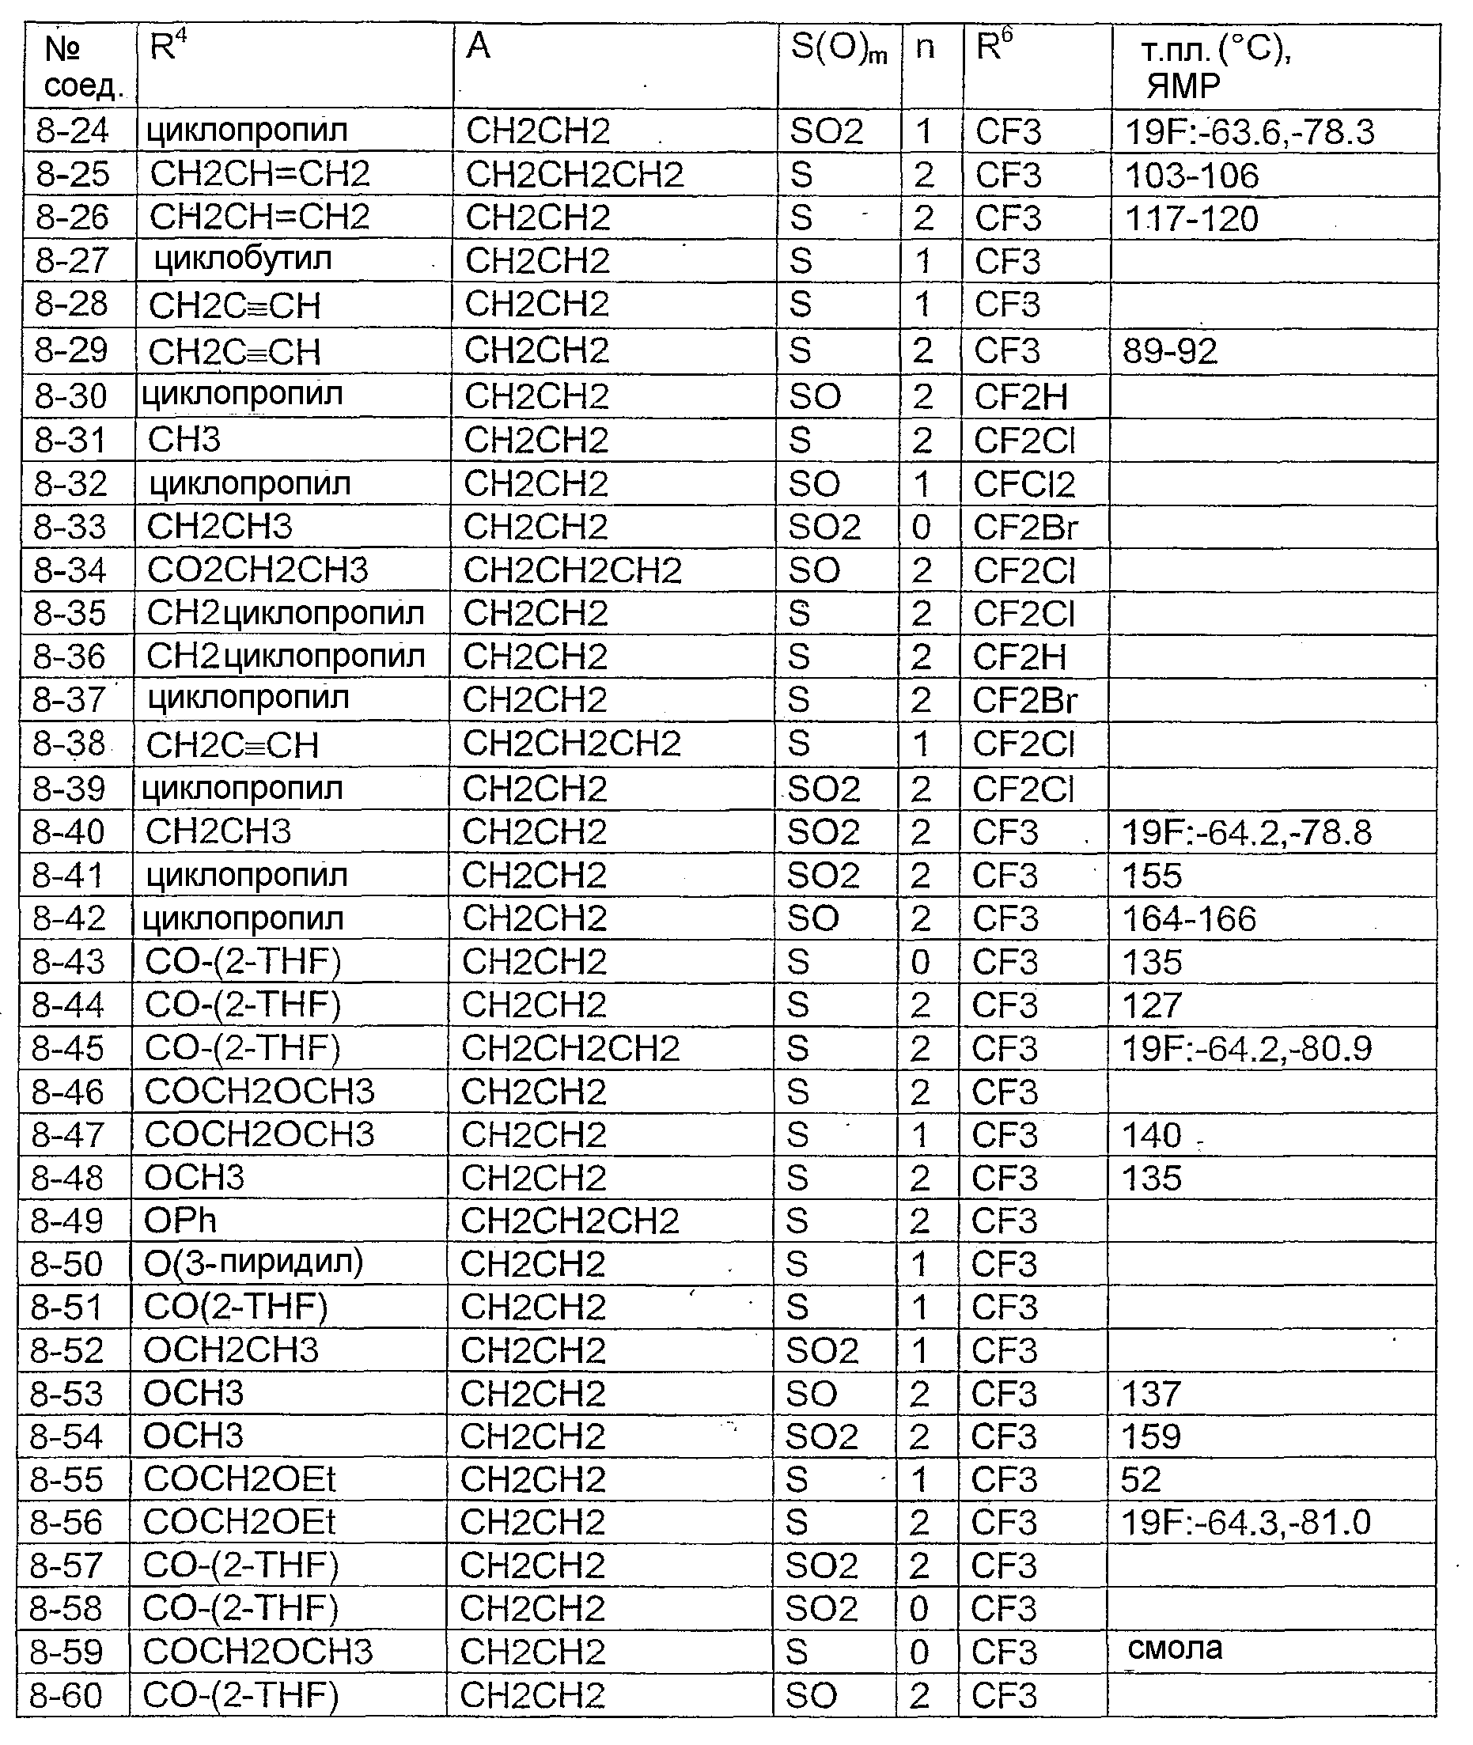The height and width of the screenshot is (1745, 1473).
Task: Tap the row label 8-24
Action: [73, 131]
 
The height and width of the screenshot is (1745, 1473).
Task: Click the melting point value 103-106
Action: [1191, 176]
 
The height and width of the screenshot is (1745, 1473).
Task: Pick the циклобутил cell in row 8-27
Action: [244, 259]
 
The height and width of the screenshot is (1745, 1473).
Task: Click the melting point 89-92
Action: [1170, 351]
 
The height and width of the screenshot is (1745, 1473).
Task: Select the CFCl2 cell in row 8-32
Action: [1024, 484]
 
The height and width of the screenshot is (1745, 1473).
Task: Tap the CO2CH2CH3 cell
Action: [257, 570]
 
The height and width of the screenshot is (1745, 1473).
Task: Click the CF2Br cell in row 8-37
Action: [1024, 701]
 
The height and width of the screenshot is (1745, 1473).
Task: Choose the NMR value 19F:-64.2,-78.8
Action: [1246, 832]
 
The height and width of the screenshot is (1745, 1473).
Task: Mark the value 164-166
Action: [1189, 919]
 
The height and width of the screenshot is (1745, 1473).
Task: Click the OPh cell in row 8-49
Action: [180, 1221]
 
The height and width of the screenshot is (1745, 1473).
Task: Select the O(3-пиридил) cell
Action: [253, 1263]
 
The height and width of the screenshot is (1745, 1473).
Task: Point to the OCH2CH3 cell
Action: [230, 1350]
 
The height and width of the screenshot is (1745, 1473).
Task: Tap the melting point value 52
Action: [1142, 1479]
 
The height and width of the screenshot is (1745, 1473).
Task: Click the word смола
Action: [1175, 1648]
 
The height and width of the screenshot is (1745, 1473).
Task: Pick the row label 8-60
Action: [66, 1696]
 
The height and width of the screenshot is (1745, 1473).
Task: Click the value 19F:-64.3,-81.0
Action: [1245, 1523]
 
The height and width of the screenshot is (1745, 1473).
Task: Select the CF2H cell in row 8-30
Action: [1020, 397]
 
